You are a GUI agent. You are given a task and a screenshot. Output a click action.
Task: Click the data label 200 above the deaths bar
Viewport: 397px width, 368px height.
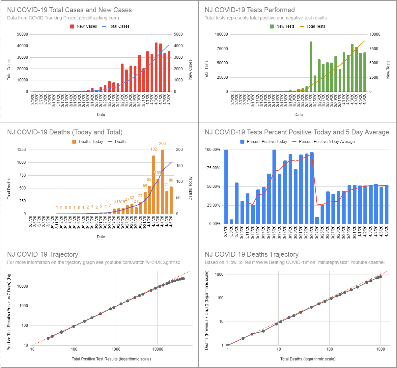coord(162,144)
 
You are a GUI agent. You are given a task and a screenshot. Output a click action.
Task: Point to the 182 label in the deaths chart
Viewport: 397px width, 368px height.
coord(154,149)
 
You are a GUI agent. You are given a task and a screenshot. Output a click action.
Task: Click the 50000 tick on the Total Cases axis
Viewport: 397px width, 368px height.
coord(22,34)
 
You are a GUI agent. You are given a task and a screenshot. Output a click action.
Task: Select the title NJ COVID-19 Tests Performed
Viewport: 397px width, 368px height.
coord(250,10)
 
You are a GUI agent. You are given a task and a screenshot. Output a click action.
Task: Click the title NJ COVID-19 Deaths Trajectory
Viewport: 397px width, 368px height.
coord(252,254)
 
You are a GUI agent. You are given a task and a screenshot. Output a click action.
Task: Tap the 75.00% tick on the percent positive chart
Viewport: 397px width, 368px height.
coord(213,168)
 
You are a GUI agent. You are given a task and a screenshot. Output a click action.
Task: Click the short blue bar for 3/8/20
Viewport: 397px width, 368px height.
coord(231,221)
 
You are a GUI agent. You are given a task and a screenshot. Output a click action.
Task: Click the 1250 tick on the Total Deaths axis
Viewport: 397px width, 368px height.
coord(21,150)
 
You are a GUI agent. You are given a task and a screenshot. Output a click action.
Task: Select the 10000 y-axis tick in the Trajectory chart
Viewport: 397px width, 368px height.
coord(22,286)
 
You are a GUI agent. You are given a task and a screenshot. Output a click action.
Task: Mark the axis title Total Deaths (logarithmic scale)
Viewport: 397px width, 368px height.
coord(308,359)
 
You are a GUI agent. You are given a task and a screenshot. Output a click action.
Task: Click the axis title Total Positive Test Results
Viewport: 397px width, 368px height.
coord(111,359)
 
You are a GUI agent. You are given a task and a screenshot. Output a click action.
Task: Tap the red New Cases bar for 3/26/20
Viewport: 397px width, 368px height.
coord(122,78)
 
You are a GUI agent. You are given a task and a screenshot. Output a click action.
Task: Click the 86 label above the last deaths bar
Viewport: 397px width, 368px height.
coord(171,180)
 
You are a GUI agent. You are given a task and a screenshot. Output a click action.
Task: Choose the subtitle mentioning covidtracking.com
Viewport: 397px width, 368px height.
coord(63,18)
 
